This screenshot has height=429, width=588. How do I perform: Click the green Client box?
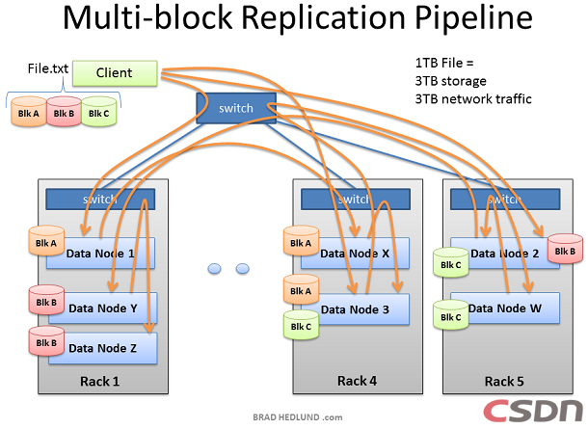pos(114,72)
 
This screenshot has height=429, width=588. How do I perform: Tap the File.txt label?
pos(45,70)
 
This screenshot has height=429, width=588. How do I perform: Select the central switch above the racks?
pos(235,108)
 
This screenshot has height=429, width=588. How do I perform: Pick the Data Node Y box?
pos(111,308)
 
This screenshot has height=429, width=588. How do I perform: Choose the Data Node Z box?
pos(111,348)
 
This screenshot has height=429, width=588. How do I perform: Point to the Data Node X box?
pos(356,253)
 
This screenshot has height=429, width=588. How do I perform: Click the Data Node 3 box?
pos(356,308)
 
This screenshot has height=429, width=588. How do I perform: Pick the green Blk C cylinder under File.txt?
pos(98,113)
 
